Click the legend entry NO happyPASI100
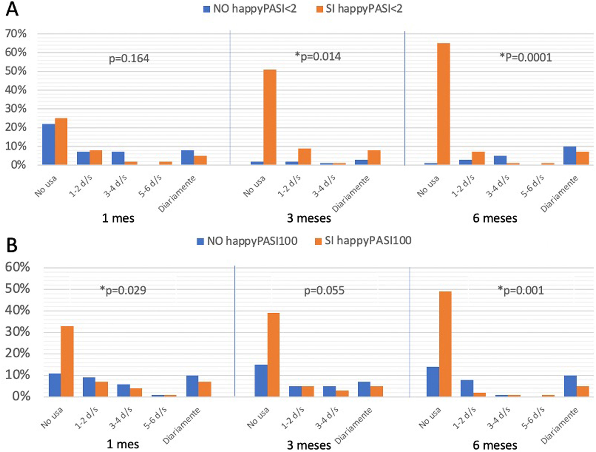(247, 241)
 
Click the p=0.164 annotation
(129, 59)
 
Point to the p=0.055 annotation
(324, 291)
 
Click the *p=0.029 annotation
(123, 290)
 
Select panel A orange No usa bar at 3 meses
(270, 117)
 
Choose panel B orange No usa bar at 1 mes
(67, 361)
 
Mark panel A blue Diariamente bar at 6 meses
(570, 156)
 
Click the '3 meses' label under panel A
(309, 218)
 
